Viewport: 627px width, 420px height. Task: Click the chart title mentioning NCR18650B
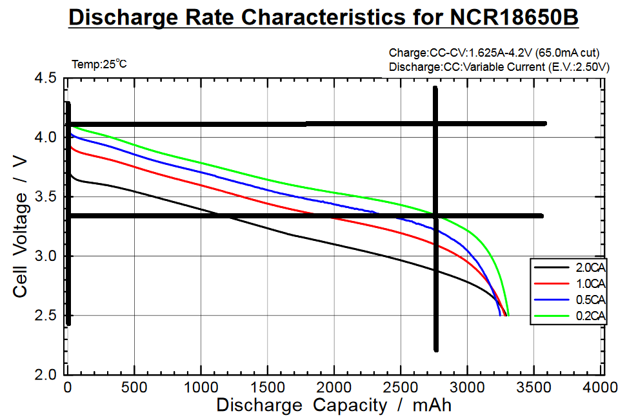pyautogui.click(x=323, y=17)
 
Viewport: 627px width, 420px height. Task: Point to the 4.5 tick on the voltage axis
pyautogui.click(x=45, y=79)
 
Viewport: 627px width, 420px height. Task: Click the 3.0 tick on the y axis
pyautogui.click(x=45, y=256)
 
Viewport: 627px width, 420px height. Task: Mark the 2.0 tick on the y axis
pyautogui.click(x=45, y=375)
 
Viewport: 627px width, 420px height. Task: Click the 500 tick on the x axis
pyautogui.click(x=134, y=388)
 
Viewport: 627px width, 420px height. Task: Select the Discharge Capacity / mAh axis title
pyautogui.click(x=333, y=406)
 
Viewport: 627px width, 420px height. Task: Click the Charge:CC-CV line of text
pyautogui.click(x=499, y=53)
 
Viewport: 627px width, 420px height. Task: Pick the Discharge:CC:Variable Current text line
pyautogui.click(x=499, y=66)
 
